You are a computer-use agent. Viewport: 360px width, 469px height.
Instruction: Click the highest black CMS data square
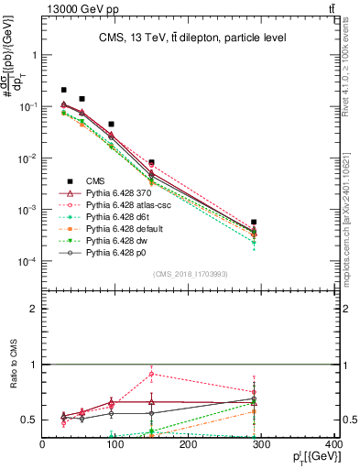tap(64, 90)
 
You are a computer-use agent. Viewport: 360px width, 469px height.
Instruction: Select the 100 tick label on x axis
tap(115, 446)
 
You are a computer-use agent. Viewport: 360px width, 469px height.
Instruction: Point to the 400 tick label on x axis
tap(335, 446)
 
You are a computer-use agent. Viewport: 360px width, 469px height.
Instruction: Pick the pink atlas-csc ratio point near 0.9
tap(151, 374)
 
